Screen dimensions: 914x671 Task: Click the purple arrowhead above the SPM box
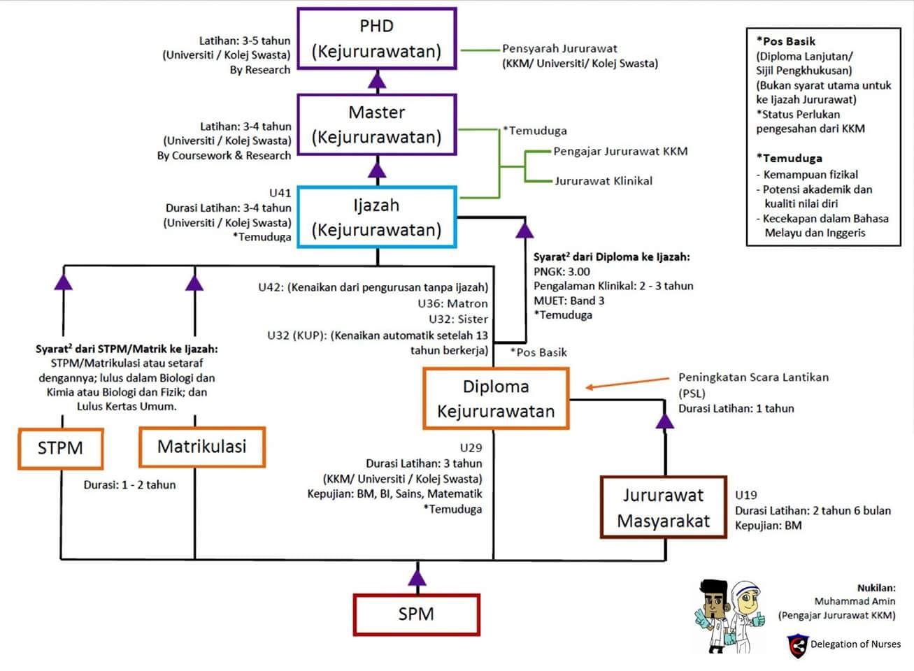[417, 578]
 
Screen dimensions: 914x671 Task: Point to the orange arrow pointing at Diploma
[627, 383]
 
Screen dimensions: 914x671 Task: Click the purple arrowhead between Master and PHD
[377, 80]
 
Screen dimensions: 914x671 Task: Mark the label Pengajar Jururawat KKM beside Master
[620, 152]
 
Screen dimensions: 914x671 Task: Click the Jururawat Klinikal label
[604, 181]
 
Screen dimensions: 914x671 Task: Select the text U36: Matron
[452, 303]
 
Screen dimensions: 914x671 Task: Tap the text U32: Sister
[458, 319]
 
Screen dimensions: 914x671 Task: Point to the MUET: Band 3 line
[569, 301]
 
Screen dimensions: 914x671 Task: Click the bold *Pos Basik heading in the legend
[785, 41]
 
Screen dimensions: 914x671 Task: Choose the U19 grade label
[746, 495]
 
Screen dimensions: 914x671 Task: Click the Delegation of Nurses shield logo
[798, 646]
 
